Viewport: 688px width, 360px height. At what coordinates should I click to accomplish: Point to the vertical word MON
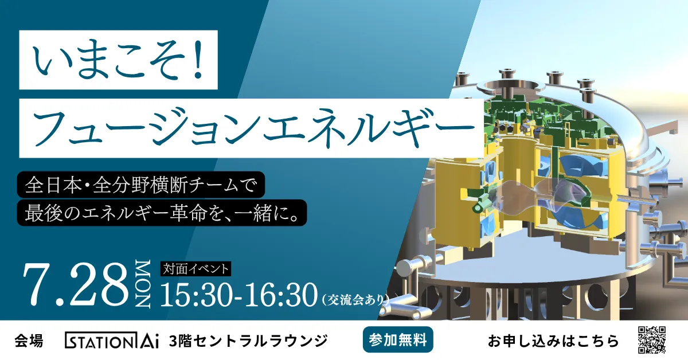pos(143,284)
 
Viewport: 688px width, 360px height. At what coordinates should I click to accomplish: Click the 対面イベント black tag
pos(196,269)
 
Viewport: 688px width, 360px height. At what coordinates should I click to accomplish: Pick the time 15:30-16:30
pos(239,295)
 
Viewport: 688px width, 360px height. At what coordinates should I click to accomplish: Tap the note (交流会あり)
pos(355,299)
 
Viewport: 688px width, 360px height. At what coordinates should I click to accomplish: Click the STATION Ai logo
pos(111,341)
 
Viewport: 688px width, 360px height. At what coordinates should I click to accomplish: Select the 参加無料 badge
pos(398,340)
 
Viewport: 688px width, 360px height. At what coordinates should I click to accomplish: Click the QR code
pos(652,340)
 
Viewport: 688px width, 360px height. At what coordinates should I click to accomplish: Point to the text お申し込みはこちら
pos(553,341)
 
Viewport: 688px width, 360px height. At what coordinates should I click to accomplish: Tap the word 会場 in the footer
pos(29,341)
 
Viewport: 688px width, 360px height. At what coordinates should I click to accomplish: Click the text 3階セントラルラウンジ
pos(248,341)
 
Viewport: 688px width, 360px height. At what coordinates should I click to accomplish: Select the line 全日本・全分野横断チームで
pos(140,185)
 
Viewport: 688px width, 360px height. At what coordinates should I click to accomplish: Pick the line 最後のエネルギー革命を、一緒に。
pos(162,213)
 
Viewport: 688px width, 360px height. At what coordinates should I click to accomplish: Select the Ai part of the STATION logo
pos(149,341)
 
